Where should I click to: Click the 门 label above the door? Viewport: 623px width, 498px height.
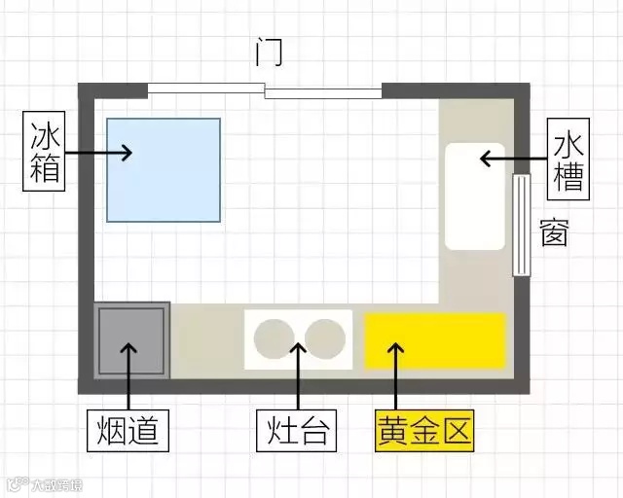[268, 52]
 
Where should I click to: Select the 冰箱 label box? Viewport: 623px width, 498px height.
[45, 152]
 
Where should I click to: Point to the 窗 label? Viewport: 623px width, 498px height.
[553, 234]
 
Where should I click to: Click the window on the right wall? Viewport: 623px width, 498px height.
[521, 225]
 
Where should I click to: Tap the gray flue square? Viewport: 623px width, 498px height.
[131, 339]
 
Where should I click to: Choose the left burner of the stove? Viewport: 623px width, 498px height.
[274, 338]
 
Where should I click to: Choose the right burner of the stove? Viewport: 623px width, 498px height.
[324, 338]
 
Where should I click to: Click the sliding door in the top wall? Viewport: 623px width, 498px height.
[265, 91]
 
